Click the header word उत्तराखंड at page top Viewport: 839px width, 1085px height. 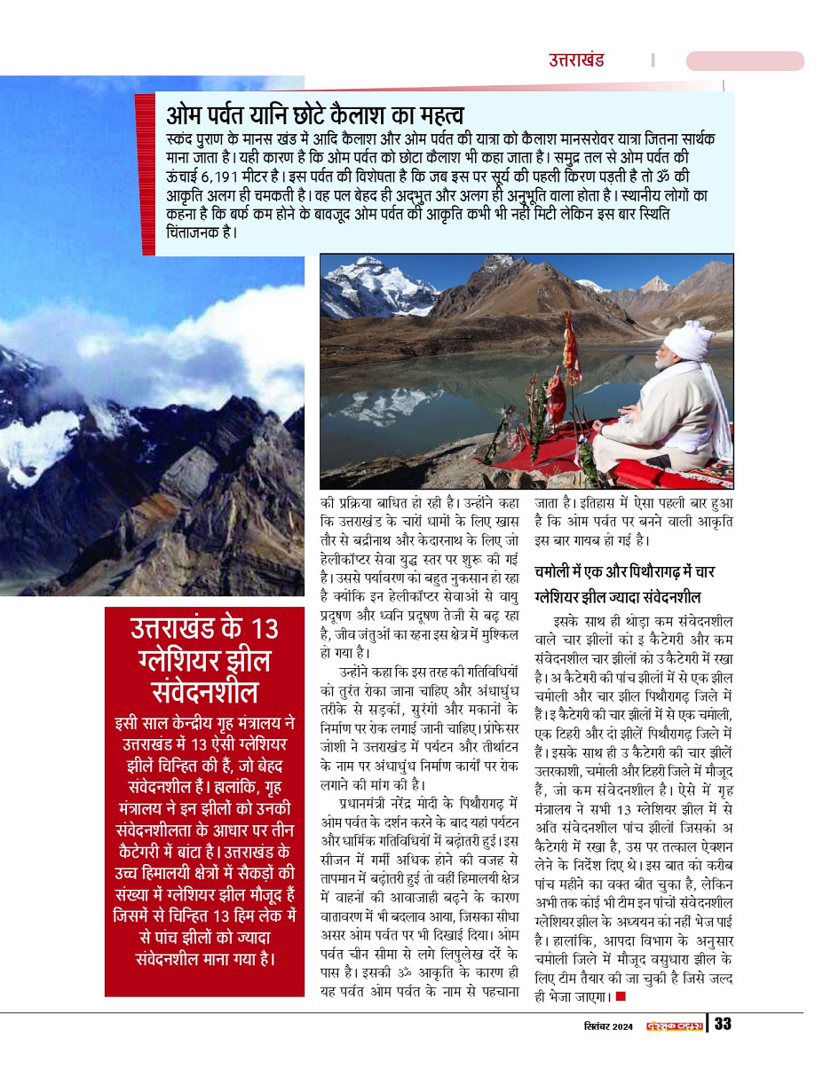click(575, 60)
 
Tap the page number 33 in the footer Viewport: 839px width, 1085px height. click(723, 1024)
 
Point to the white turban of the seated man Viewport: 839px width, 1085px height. click(688, 339)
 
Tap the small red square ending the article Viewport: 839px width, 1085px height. click(621, 996)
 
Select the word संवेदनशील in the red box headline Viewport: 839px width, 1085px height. click(204, 692)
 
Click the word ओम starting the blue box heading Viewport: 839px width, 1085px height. click(184, 115)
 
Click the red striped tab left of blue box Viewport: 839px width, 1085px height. click(145, 173)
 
